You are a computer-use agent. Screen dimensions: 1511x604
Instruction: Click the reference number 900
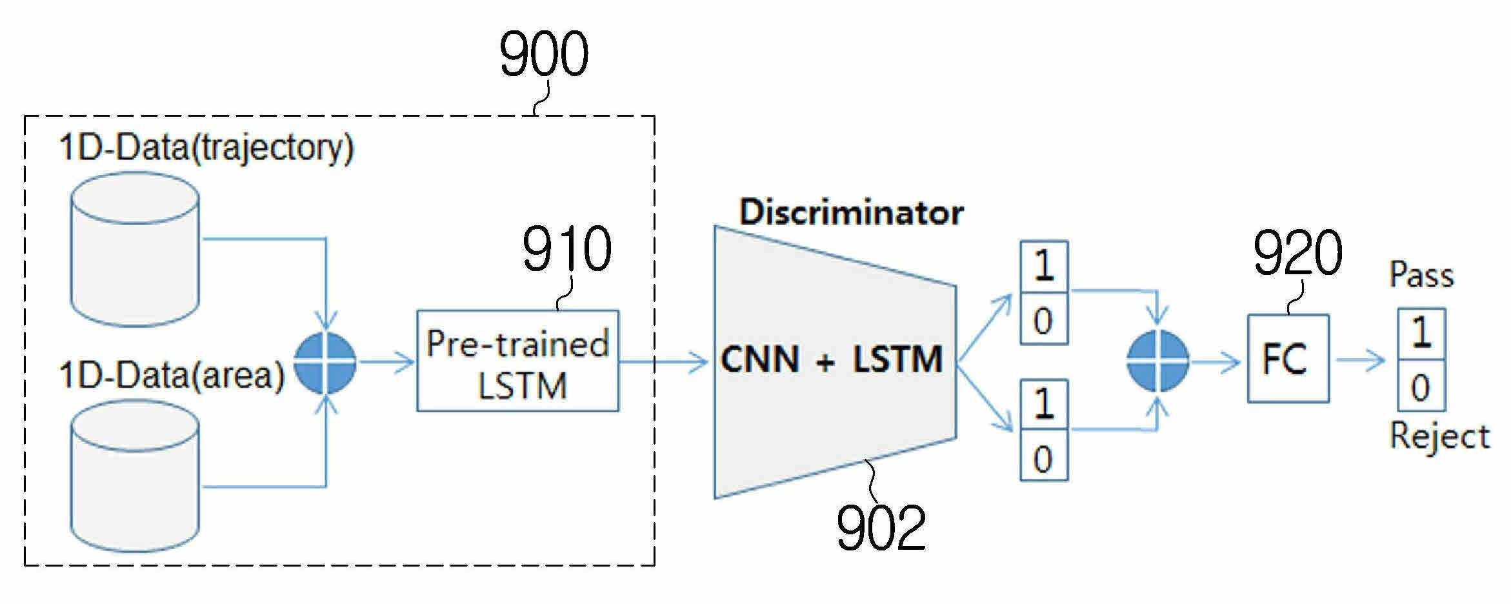coord(544,54)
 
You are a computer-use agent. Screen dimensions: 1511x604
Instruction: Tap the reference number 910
coord(566,249)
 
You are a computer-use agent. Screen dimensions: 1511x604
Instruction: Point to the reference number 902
coord(881,527)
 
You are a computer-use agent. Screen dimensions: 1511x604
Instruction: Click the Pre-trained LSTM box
coord(517,361)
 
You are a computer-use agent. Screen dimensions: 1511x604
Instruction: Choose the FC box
coord(1288,359)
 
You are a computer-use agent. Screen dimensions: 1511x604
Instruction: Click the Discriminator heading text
coord(851,212)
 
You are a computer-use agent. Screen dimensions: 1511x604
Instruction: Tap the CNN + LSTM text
coord(831,359)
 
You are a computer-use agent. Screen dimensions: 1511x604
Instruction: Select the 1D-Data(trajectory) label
coord(206,149)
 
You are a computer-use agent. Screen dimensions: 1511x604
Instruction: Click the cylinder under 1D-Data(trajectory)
coord(134,249)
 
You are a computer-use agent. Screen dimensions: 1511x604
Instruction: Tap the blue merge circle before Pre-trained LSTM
coord(325,362)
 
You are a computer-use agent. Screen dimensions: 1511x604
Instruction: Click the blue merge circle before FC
coord(1158,361)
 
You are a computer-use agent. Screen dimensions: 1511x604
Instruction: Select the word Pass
coord(1421,276)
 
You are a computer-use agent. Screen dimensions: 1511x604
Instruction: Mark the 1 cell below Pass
coord(1421,334)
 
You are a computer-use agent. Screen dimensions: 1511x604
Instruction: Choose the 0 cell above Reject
coord(1421,385)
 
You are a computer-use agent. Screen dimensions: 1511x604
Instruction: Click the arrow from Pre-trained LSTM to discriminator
coord(664,361)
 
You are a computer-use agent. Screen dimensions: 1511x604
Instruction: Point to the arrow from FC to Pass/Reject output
coord(1360,359)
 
